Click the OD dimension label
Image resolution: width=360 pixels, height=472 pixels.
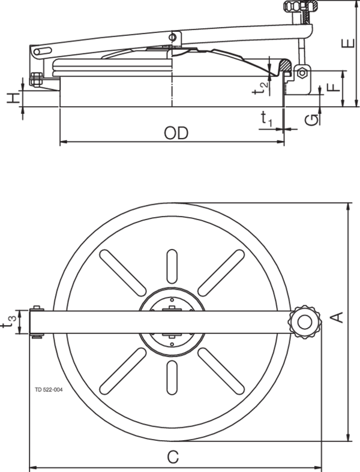pyautogui.click(x=173, y=131)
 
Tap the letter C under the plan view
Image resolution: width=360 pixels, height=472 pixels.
pyautogui.click(x=172, y=458)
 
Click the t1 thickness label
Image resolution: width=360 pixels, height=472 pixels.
pyautogui.click(x=266, y=119)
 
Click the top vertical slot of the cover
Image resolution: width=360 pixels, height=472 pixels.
pyautogui.click(x=172, y=266)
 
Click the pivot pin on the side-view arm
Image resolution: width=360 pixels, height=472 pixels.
pyautogui.click(x=174, y=38)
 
